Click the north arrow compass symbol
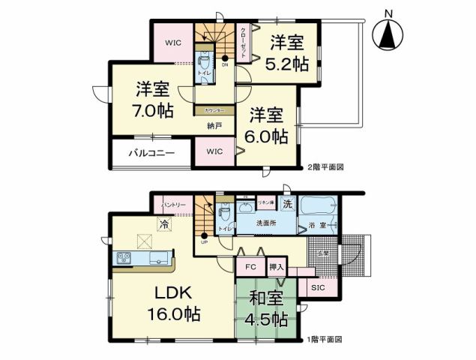pyautogui.click(x=388, y=32)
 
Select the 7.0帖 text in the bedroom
pyautogui.click(x=154, y=111)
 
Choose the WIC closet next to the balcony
pyautogui.click(x=214, y=151)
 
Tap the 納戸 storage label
pyautogui.click(x=214, y=126)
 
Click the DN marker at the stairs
pyautogui.click(x=225, y=64)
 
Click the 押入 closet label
pyautogui.click(x=277, y=267)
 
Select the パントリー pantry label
pyautogui.click(x=173, y=204)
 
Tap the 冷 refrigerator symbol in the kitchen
pyautogui.click(x=163, y=223)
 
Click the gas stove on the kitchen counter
pyautogui.click(x=124, y=259)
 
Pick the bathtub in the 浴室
pyautogui.click(x=318, y=206)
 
